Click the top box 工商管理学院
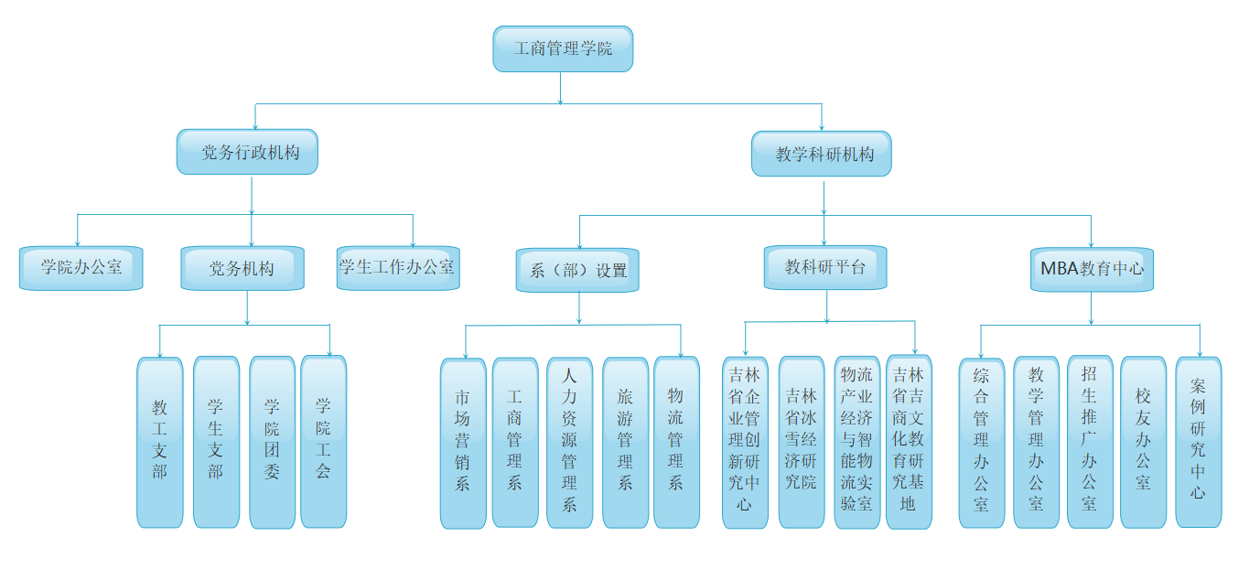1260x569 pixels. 563,48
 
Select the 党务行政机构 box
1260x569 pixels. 247,152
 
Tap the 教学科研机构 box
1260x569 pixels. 822,154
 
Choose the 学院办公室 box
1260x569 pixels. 81,268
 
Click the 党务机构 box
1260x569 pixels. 242,268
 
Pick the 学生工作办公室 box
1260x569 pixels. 397,268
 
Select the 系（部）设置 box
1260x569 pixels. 577,270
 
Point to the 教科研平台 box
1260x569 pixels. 825,267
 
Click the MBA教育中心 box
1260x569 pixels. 1091,269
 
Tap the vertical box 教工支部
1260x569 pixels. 160,442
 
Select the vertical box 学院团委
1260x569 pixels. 272,442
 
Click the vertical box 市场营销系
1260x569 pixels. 463,443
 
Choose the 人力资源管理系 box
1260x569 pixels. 569,442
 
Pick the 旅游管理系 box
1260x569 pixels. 625,442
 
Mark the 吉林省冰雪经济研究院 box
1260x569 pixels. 802,442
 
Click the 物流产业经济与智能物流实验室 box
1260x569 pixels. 857,442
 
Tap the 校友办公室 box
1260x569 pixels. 1144,442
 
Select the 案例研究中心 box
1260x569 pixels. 1199,442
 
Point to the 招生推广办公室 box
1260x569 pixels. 1090,442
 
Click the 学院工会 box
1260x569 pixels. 323,441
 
